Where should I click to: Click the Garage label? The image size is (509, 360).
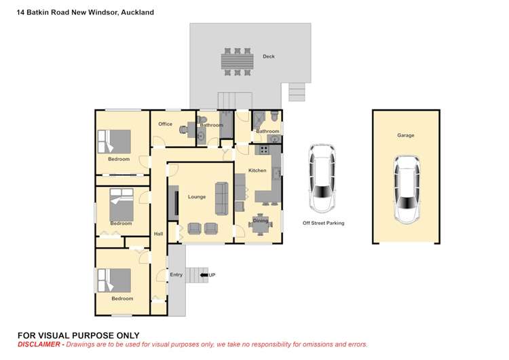(x=405, y=135)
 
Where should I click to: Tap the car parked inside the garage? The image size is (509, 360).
(x=407, y=190)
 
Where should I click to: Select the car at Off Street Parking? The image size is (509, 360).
(x=322, y=178)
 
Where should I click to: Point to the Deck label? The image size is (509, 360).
(x=269, y=56)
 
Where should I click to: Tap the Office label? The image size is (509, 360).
(x=166, y=124)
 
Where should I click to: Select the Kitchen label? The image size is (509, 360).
(x=257, y=170)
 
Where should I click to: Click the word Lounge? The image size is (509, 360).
(x=197, y=197)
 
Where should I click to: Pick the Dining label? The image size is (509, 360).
(x=261, y=220)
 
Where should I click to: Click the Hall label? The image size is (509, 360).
(x=158, y=234)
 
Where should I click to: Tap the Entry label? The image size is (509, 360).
(x=176, y=274)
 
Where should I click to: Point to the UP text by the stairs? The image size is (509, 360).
(x=212, y=274)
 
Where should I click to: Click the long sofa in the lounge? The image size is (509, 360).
(x=221, y=196)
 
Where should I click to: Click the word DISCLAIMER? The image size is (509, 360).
(x=37, y=344)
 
